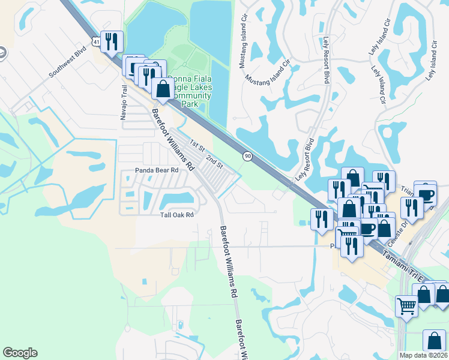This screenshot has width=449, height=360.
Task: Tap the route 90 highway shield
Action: [x=247, y=156]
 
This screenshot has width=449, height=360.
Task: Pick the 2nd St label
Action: [x=214, y=161]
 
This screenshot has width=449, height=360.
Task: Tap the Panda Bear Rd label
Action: [x=157, y=170]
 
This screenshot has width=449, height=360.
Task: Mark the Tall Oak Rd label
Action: [x=176, y=215]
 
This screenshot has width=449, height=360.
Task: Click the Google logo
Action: [x=20, y=353]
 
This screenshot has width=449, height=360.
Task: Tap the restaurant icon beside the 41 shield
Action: [x=112, y=41]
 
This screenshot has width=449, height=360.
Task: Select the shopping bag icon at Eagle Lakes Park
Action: [x=163, y=89]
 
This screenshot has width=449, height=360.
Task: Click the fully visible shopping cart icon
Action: [x=406, y=306]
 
